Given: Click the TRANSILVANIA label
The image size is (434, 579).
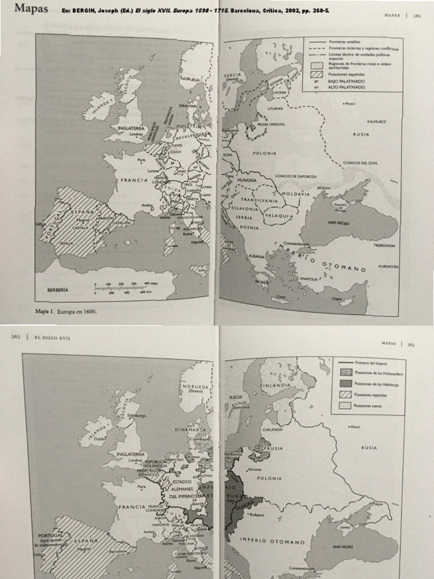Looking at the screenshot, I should [259, 200].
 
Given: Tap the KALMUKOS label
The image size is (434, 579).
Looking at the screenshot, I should [376, 122].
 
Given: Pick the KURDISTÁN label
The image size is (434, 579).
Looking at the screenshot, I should [388, 266].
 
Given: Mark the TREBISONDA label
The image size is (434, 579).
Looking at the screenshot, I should [384, 246].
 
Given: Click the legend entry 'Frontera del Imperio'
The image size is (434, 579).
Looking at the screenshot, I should [370, 362].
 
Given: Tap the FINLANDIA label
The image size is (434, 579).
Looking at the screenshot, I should [276, 386].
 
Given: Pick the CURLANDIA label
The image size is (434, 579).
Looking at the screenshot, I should [272, 430].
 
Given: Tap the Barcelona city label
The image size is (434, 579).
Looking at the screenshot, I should [119, 551].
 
